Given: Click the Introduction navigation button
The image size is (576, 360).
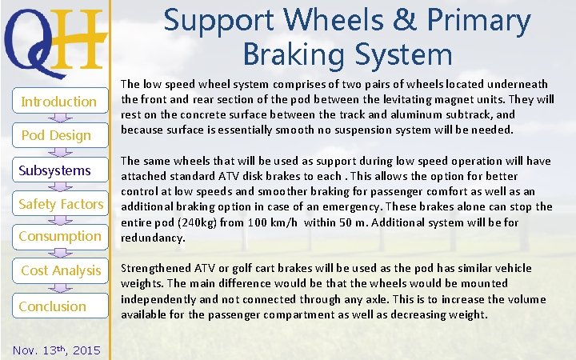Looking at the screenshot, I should click(58, 102).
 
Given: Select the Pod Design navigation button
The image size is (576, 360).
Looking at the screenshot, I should click(56, 135).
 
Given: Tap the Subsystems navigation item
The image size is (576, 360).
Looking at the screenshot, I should click(55, 170).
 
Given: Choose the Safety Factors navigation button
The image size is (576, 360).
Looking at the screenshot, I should click(61, 204).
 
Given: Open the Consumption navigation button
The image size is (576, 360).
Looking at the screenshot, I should click(60, 236).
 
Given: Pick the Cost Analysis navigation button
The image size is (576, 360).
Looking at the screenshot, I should click(61, 270).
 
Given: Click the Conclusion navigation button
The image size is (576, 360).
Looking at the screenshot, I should click(53, 306).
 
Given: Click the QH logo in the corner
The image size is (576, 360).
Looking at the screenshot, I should click(55, 38).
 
